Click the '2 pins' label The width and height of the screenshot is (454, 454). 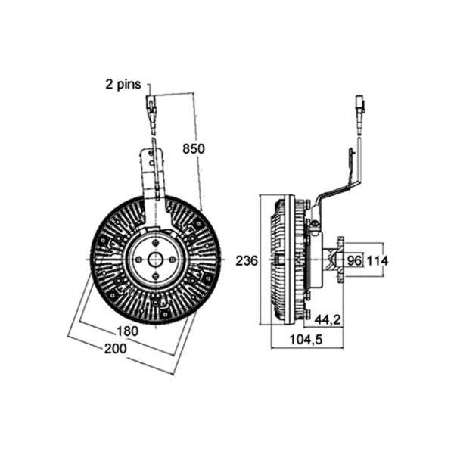tap(123, 85)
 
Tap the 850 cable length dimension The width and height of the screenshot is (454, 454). tap(194, 148)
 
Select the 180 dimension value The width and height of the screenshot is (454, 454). tap(127, 331)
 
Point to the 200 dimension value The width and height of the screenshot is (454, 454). tap(115, 348)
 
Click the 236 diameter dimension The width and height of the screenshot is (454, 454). tap(247, 260)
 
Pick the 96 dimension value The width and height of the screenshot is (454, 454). tap(355, 260)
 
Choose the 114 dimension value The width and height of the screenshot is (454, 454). tap(378, 260)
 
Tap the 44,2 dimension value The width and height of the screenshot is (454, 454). tap(328, 319)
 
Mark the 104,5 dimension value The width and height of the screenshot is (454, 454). tap(306, 339)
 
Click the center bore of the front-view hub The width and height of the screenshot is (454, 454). tap(155, 260)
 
